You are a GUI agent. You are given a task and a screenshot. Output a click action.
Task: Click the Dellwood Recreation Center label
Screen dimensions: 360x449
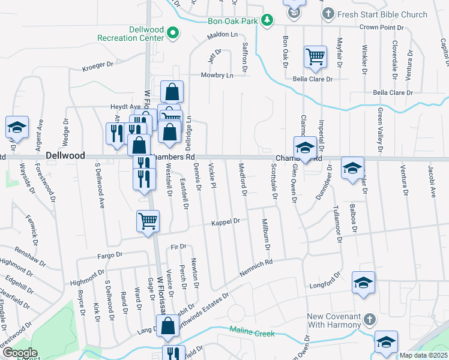coord(130,34)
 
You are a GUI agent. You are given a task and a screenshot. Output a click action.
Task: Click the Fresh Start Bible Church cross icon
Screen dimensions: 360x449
coord(328,13)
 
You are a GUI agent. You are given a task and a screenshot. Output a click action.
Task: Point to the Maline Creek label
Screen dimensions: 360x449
coord(252,332)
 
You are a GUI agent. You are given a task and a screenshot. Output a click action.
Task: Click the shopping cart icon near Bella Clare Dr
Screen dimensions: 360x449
coord(315,56)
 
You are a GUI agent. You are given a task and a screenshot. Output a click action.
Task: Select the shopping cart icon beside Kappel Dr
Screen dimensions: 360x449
coord(148,220)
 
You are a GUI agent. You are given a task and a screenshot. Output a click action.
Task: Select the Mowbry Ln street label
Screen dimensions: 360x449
coord(217,76)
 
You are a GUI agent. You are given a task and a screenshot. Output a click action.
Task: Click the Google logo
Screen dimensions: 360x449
coord(19,352)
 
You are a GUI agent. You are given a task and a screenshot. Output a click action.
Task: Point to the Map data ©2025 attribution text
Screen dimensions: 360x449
coord(424,355)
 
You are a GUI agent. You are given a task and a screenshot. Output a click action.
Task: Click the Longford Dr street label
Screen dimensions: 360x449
coord(324,286)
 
